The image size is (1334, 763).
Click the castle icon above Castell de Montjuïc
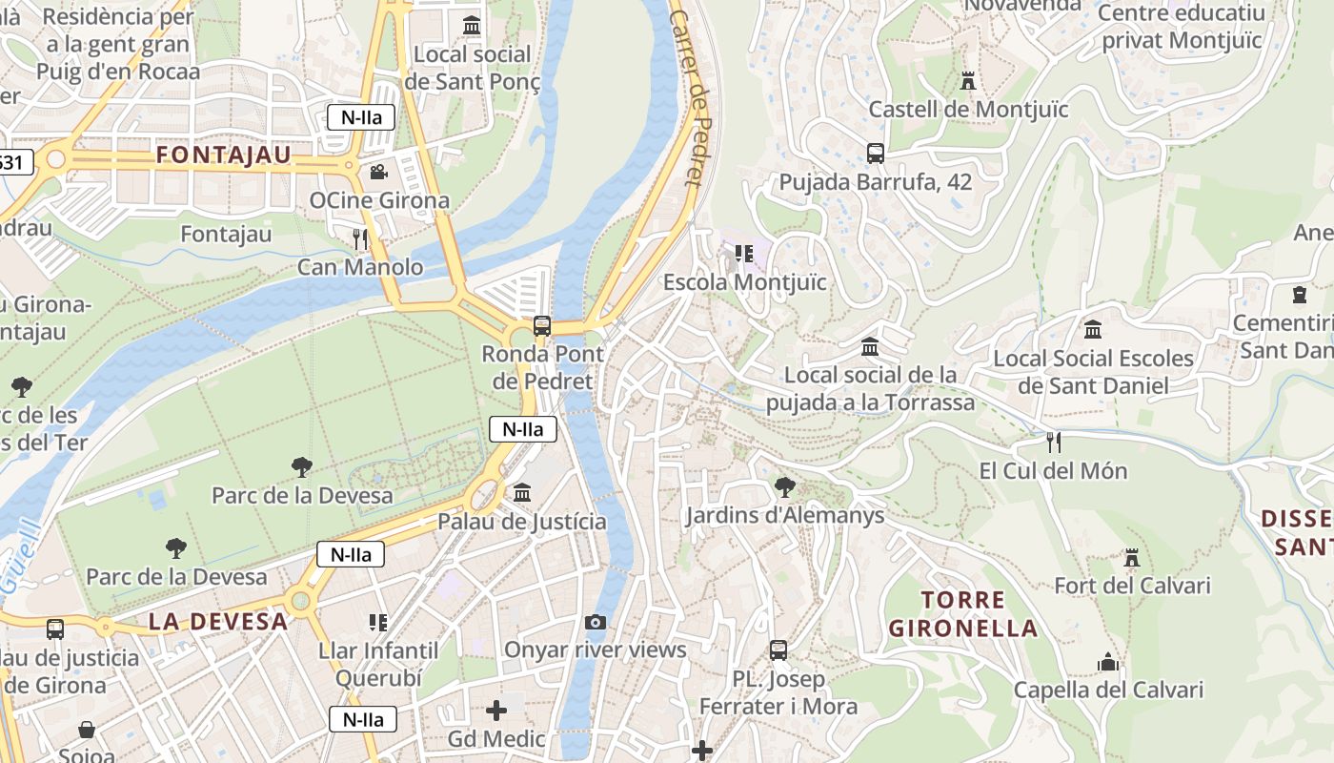[x=968, y=80]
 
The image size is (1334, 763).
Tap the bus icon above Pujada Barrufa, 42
[x=875, y=153]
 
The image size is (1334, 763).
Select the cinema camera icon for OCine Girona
[x=378, y=173]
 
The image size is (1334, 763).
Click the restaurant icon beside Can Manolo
[x=360, y=238]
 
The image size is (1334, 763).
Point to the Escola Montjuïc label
[x=744, y=282]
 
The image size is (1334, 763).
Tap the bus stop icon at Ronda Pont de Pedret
[x=541, y=325]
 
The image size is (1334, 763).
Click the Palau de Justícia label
[x=521, y=522]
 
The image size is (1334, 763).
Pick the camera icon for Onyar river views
[x=596, y=622]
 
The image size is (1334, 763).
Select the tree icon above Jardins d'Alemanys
[x=784, y=487]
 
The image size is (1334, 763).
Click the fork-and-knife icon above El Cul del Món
[x=1053, y=442]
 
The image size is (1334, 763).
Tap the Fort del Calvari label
[x=1131, y=586]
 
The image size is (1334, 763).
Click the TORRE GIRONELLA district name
[x=962, y=614]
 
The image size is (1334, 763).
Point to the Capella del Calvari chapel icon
[x=1107, y=661]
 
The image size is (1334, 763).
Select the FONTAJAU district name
[x=223, y=155]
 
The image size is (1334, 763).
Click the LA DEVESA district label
[x=218, y=622]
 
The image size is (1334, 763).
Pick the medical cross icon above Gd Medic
[x=496, y=711]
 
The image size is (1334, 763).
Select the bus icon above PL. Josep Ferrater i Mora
[x=778, y=650]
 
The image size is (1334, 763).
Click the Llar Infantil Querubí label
[x=378, y=664]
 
